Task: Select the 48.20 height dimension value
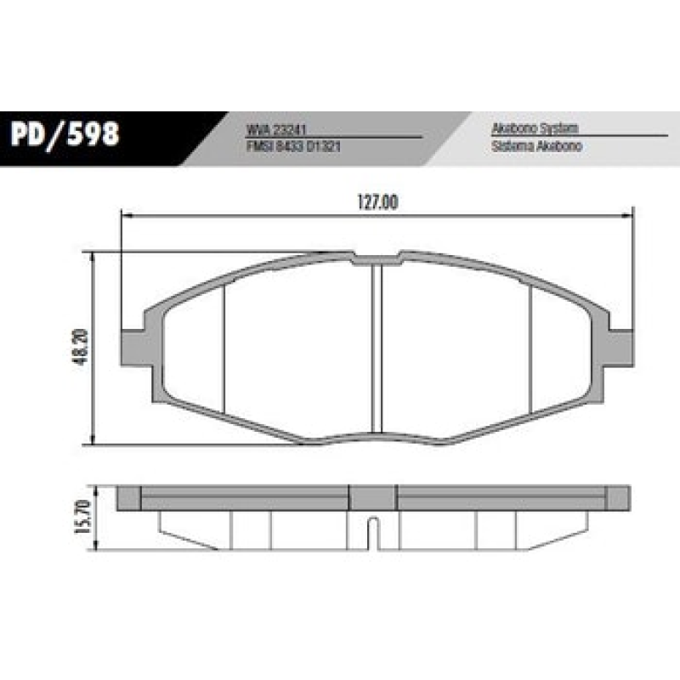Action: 82,348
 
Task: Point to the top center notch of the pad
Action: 375,257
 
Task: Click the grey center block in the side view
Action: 373,497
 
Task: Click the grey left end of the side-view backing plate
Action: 128,497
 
